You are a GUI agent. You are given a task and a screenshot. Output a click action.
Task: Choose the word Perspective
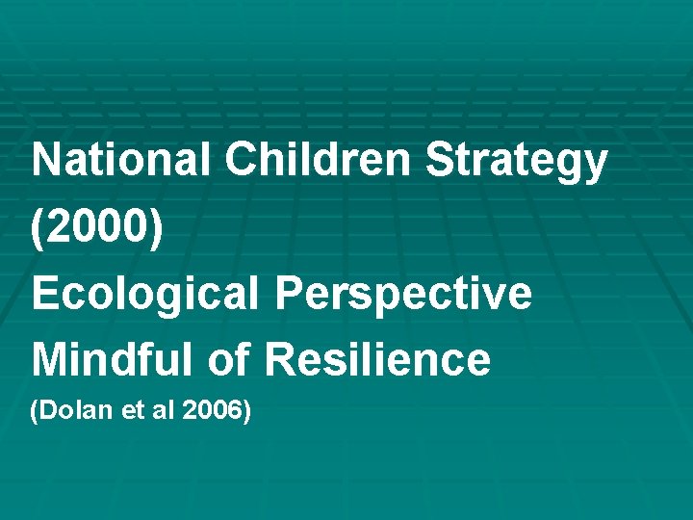point(403,294)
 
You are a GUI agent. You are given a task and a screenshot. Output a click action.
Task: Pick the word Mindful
point(113,360)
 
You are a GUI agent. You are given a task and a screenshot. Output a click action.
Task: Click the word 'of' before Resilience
point(227,360)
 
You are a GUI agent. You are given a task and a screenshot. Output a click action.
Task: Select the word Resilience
point(377,360)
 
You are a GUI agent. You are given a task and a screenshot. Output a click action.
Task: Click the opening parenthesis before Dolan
point(36,413)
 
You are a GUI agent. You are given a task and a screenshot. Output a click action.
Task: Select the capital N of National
point(44,161)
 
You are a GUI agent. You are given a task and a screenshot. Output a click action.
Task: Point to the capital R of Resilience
point(278,360)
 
